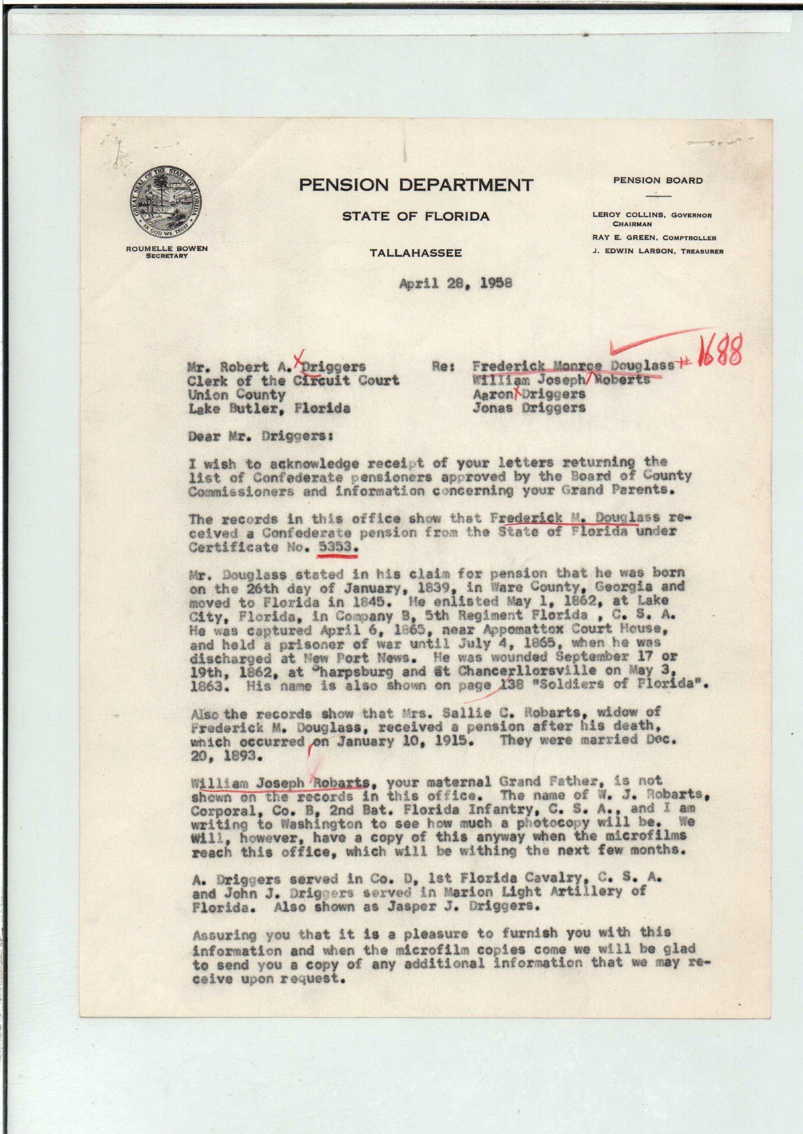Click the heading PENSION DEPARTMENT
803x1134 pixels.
click(x=416, y=185)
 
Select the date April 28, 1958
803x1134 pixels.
click(x=455, y=283)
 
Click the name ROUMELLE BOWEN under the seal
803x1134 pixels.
click(x=167, y=249)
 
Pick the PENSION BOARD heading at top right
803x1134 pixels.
click(x=658, y=181)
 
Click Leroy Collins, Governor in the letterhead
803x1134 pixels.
click(x=652, y=215)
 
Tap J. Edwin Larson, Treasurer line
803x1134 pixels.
click(x=658, y=251)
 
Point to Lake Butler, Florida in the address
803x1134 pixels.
click(x=269, y=408)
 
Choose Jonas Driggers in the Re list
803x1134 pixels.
click(x=529, y=408)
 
